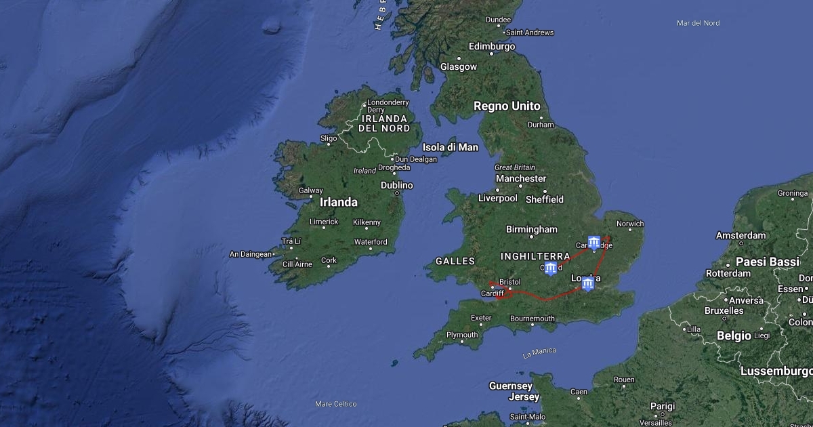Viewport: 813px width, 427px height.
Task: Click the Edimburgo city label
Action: point(492,47)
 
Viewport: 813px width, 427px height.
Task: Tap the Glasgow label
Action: point(459,67)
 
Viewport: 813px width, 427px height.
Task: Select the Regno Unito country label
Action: point(507,106)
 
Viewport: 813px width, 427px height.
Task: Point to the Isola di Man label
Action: point(451,147)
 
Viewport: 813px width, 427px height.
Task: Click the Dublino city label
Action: point(396,185)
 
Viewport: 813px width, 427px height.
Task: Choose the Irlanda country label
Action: point(338,202)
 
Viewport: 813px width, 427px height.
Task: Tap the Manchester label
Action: point(521,178)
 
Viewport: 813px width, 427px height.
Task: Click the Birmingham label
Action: point(532,229)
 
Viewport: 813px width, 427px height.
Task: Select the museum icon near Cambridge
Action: point(594,243)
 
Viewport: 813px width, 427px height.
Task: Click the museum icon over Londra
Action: point(588,283)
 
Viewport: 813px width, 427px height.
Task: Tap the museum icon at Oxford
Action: point(551,269)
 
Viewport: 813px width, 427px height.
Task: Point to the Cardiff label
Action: point(493,293)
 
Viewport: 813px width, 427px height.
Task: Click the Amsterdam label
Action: point(741,236)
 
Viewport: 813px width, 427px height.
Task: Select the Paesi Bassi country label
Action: point(768,262)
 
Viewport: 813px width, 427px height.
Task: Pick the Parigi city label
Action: point(663,406)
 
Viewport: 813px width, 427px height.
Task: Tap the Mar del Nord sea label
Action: point(698,23)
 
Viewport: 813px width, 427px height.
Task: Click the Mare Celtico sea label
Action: point(335,404)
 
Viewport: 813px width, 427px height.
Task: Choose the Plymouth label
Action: point(462,335)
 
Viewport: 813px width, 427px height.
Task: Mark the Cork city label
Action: point(329,260)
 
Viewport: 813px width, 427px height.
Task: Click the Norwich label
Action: point(630,224)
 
